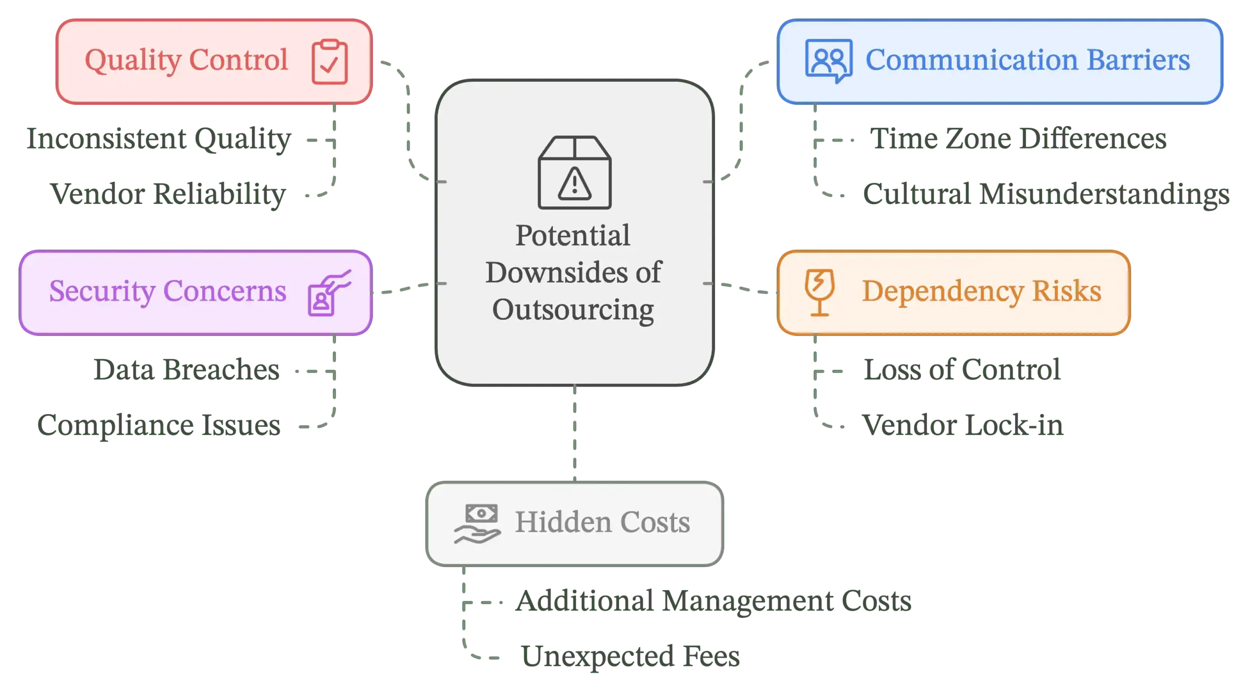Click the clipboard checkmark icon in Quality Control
coord(330,61)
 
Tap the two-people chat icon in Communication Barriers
coord(828,61)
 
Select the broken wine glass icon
coord(819,292)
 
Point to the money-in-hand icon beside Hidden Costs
coord(477,524)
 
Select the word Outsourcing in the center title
coord(573,310)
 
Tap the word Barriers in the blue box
coord(1138,60)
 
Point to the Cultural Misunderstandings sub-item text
coord(1046,194)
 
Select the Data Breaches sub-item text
coord(186,369)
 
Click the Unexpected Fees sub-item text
coord(630,656)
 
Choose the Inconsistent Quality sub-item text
coord(159,139)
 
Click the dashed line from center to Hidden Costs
coord(574,433)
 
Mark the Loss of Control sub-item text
coord(961,369)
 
